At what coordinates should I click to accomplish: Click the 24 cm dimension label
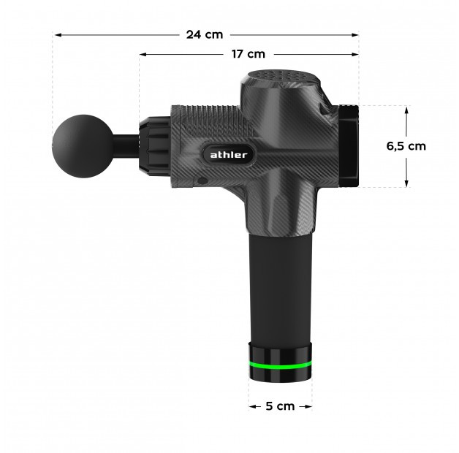pos(205,34)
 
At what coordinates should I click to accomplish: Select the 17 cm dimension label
pos(249,54)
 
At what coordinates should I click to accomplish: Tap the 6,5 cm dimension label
pos(406,146)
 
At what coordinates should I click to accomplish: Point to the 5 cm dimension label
pos(280,406)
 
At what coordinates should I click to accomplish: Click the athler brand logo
pos(229,155)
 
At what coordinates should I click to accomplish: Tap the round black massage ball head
pos(83,146)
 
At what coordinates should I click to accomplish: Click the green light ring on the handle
pos(281,365)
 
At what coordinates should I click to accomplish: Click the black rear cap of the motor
pos(349,145)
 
